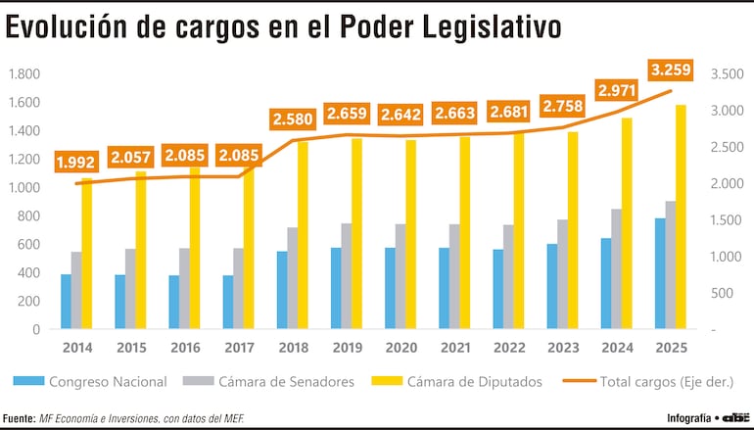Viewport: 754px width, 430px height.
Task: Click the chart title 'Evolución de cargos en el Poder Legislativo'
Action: click(x=284, y=28)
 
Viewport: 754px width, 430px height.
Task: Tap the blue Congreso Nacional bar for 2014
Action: click(x=66, y=302)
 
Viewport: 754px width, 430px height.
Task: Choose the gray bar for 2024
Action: click(x=616, y=268)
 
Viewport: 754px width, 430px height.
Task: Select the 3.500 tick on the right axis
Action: click(x=727, y=73)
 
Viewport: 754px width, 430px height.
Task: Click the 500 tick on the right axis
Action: click(x=721, y=293)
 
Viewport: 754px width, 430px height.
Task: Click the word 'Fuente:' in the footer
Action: click(x=20, y=418)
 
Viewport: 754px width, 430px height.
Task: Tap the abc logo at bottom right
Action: click(x=735, y=418)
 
